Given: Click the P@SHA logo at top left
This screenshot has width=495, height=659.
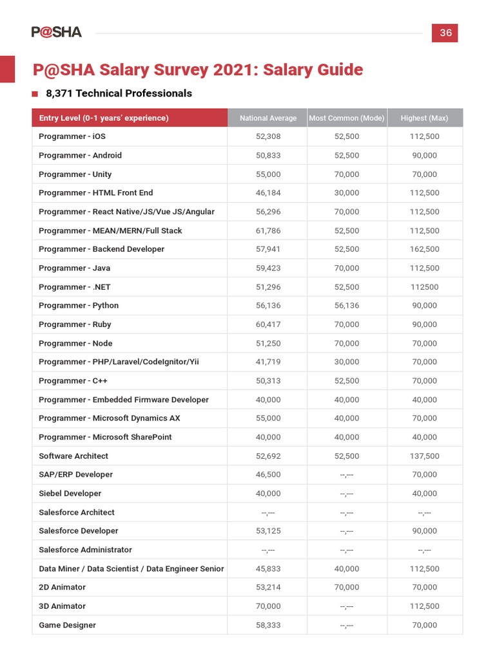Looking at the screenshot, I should point(57,32).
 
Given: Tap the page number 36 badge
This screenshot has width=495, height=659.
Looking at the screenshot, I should point(445,33).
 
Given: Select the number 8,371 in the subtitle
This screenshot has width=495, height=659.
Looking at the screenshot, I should point(59,93).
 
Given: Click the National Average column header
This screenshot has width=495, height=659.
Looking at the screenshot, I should point(268,118).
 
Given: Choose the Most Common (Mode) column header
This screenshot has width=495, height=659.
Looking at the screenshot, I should point(347,118).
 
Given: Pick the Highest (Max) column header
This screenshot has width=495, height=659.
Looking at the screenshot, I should point(424,118).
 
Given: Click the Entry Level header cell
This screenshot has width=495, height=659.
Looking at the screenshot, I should point(104,118).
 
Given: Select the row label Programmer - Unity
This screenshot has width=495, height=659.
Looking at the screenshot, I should point(75,174).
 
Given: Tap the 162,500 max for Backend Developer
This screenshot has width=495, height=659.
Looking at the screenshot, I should point(424,249).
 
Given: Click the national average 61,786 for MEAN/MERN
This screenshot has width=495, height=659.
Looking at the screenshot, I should point(268,230).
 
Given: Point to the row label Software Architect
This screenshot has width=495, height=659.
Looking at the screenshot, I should point(73,456).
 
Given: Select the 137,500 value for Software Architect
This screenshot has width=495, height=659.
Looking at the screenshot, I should point(424,456).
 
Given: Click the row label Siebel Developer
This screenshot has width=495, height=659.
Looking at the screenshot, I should point(70,494).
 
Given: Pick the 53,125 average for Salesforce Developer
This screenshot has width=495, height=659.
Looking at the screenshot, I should point(268,531).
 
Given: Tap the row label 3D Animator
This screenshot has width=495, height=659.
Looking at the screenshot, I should point(62,606).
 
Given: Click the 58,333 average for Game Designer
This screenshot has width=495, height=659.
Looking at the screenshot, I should point(268,625).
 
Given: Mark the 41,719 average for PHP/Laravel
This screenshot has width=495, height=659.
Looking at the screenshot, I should point(268,362).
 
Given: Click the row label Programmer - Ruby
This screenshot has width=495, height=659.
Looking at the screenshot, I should point(75,324).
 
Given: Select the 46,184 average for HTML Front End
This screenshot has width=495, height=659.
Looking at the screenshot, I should point(268,193).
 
